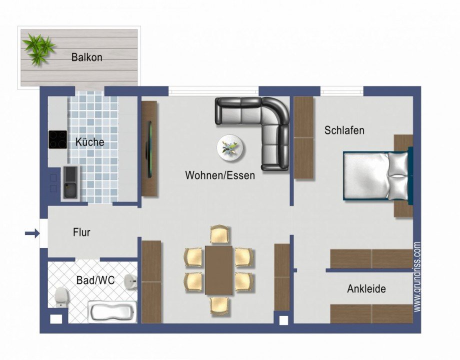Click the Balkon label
tap(86, 57)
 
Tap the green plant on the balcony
tap(38, 48)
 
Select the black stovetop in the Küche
tap(57, 139)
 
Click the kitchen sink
tap(70, 183)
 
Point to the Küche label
tap(90, 142)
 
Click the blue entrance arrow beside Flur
tap(31, 232)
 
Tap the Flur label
tap(81, 232)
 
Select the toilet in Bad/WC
tap(61, 296)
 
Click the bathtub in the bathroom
tap(112, 312)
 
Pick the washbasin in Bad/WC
tap(131, 282)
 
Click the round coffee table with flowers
tap(231, 147)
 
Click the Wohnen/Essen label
tap(220, 175)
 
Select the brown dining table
tap(219, 270)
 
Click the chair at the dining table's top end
tap(219, 234)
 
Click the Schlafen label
tap(344, 130)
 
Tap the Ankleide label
tap(366, 289)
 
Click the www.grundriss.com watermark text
tap(417, 278)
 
